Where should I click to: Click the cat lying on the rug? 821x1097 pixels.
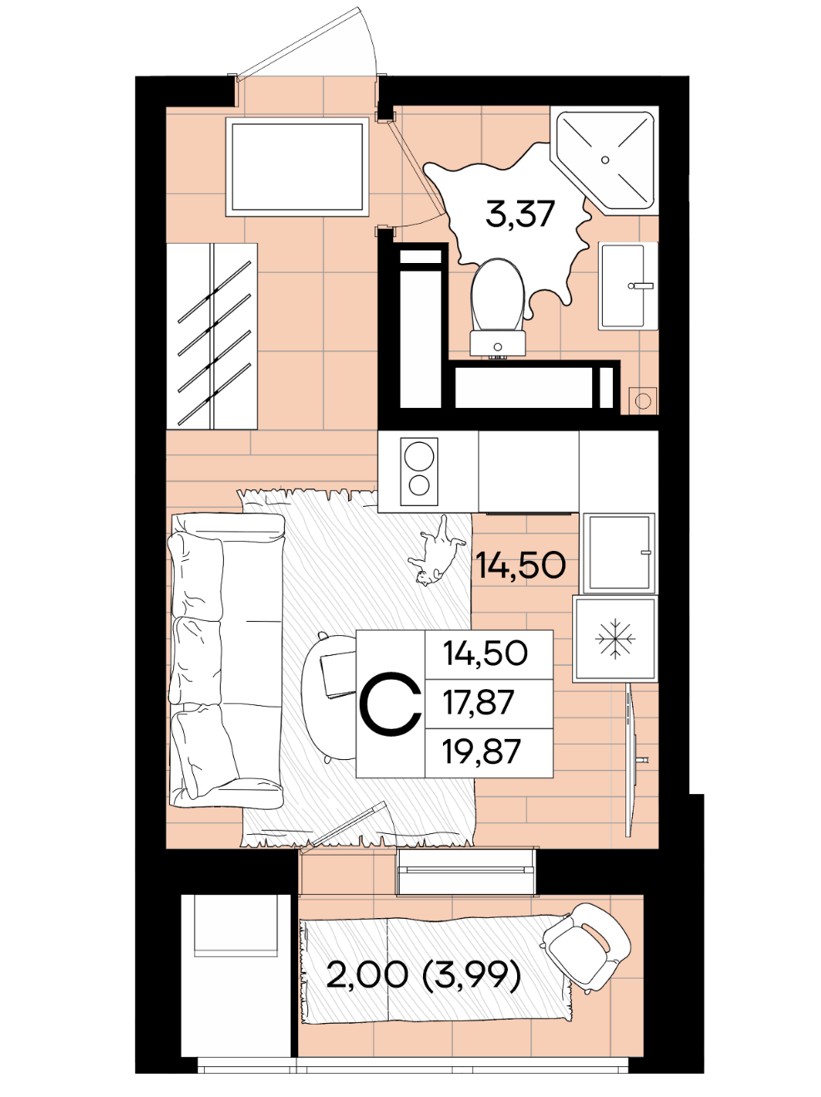(x=437, y=551)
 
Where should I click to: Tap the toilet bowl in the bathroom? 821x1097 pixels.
(x=497, y=295)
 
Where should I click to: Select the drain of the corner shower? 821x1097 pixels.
(x=605, y=160)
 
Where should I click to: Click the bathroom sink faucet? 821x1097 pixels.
(x=641, y=285)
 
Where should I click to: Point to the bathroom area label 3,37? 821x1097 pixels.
(x=520, y=214)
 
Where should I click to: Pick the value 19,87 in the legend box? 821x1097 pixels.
(x=482, y=751)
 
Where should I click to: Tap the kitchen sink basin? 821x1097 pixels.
(x=619, y=553)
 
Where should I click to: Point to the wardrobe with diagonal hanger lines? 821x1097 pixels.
(x=212, y=336)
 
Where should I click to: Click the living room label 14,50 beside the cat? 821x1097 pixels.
(x=521, y=565)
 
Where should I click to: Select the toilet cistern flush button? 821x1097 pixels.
(x=497, y=346)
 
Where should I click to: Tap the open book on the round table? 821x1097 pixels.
(x=339, y=675)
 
